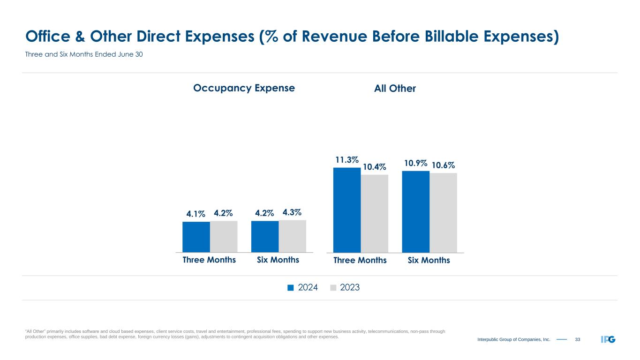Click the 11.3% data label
coord(346,160)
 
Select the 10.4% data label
coord(374,167)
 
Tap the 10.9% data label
coord(415,164)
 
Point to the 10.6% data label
coord(443,165)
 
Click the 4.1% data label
coord(196,214)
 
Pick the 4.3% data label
coord(293,212)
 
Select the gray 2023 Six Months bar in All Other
coord(443,213)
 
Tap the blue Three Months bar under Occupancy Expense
coord(196,237)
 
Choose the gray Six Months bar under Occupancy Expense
coord(293,236)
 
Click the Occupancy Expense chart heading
coord(244,88)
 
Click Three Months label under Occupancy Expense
coord(209,260)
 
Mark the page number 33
coord(577,339)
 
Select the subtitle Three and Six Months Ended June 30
coord(83,55)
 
